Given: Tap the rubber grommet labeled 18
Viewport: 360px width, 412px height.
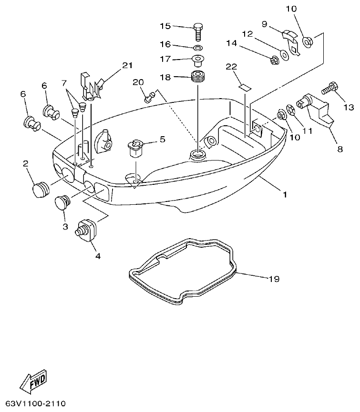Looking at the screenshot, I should (x=196, y=77).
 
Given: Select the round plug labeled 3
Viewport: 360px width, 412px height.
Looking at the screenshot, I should (x=62, y=202).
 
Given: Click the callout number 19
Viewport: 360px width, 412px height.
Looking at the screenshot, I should (x=274, y=278).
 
